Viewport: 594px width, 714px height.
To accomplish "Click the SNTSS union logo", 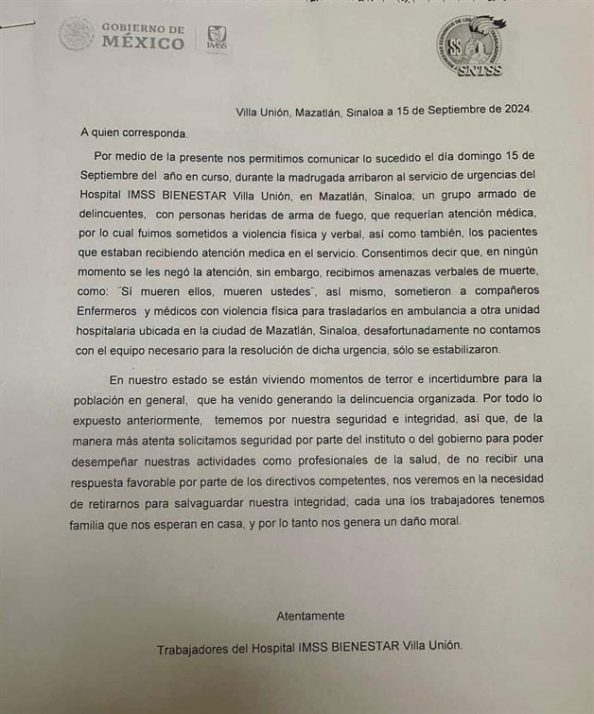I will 470,46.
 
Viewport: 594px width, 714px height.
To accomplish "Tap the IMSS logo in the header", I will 217,39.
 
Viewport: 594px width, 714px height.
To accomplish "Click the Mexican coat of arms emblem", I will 76,36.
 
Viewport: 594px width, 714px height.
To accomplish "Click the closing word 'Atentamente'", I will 310,616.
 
